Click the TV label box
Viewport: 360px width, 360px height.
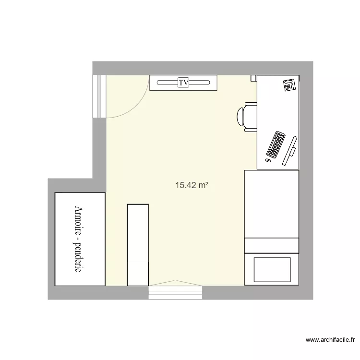(183, 83)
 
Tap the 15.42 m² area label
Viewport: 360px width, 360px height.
(192, 185)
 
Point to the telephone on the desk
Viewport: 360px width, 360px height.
(289, 85)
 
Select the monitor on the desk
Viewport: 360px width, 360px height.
(290, 150)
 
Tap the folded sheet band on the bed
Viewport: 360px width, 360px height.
(272, 245)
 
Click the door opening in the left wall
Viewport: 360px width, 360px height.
(99, 96)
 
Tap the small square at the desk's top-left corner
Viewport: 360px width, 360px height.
(254, 78)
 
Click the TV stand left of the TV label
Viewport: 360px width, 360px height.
(163, 83)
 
